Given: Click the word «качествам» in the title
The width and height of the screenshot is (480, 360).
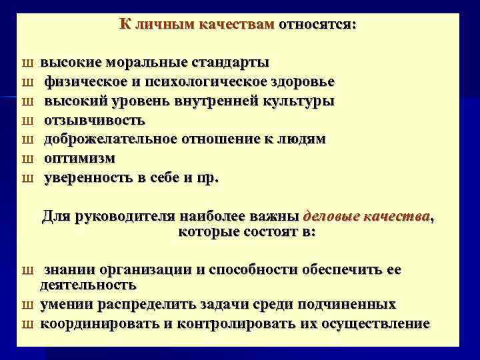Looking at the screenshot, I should [242, 25].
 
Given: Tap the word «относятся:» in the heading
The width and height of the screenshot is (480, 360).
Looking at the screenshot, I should [317, 25].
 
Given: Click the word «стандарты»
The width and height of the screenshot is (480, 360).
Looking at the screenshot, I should [230, 63].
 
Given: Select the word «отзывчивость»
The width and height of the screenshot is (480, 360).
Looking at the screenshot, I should [94, 121].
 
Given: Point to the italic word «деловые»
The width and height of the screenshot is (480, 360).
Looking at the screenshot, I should [330, 217].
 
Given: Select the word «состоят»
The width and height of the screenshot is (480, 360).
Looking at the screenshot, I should [265, 232].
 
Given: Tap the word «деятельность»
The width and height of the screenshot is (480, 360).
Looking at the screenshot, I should [88, 285].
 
